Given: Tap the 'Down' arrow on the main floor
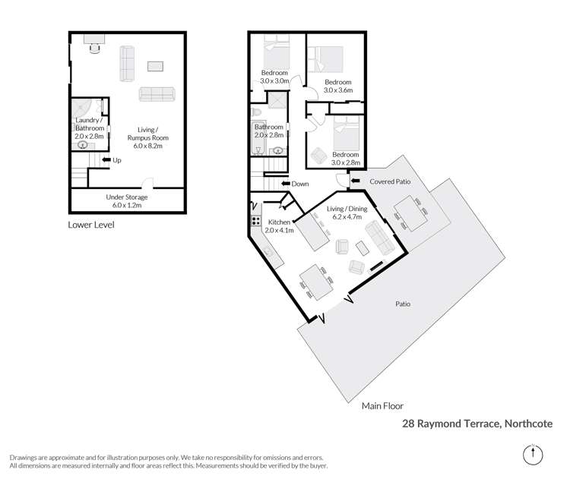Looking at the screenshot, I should [286, 184].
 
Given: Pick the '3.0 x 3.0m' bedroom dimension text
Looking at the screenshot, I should [274, 80].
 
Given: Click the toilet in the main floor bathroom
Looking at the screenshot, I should [256, 112].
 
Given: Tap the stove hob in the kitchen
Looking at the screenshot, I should [253, 222].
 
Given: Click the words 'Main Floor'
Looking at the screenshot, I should [383, 407].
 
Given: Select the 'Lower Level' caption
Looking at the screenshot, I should [91, 225].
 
